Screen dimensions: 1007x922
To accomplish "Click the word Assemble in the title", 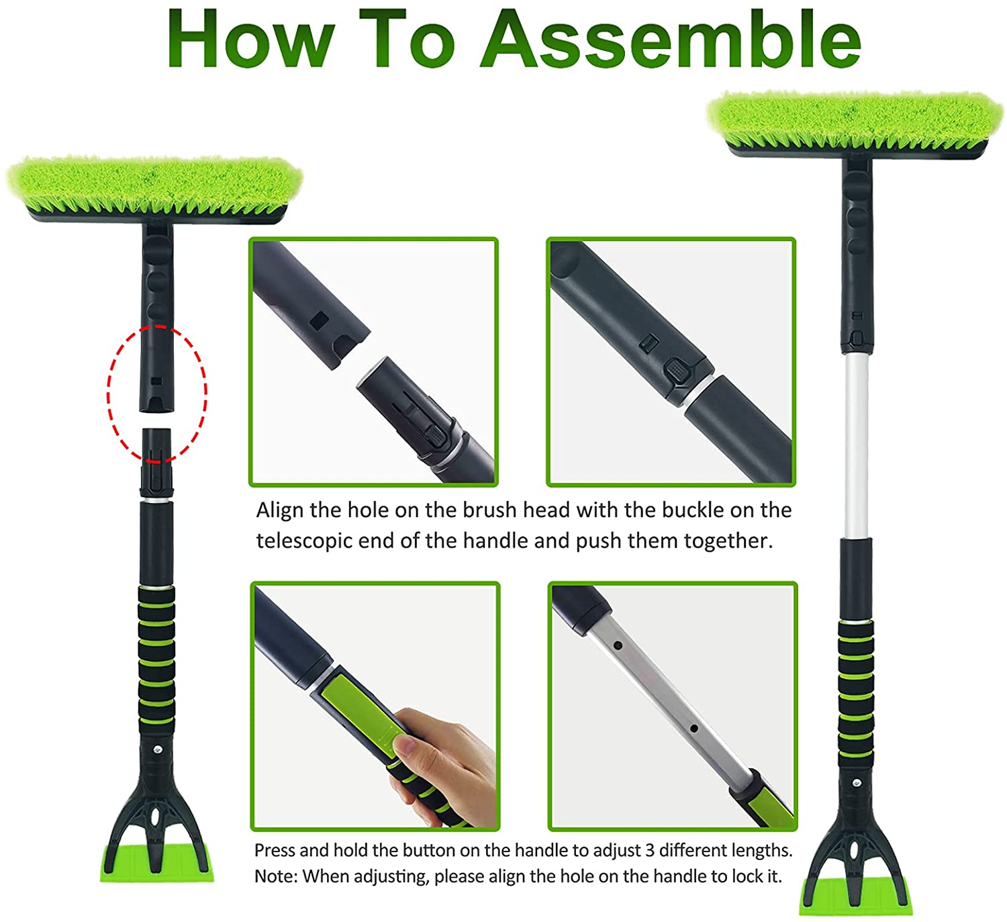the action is tap(670, 39).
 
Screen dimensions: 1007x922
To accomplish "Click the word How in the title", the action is tap(250, 39).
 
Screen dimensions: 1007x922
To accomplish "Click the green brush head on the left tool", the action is tap(154, 186).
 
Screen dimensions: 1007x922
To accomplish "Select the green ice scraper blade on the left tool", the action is tap(156, 862).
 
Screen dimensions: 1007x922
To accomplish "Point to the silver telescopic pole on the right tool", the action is tap(857, 445).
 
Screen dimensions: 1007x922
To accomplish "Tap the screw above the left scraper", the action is tap(158, 749).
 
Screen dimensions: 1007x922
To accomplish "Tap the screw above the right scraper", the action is tap(857, 783).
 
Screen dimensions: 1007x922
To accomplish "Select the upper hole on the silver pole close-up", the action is tap(618, 645).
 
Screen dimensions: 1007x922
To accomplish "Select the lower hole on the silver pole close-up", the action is tap(693, 728).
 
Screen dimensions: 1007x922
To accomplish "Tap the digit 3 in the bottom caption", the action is tap(650, 851).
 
